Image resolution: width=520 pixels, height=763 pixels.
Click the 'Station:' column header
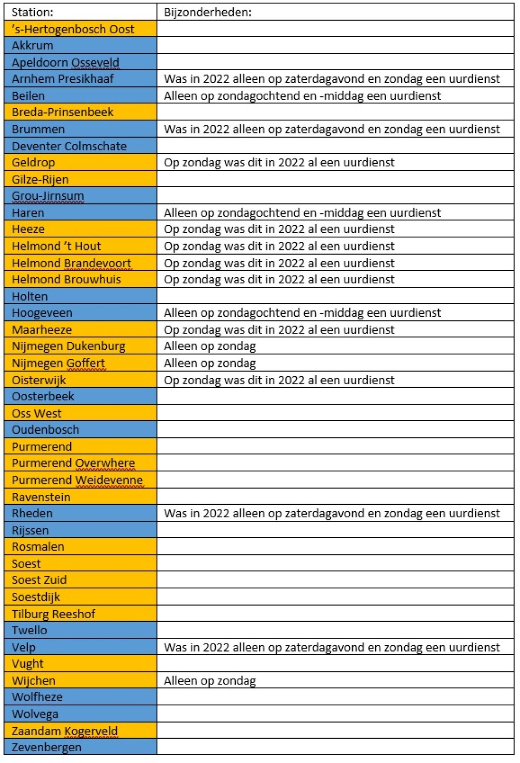32,12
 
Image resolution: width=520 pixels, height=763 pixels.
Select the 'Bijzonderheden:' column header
208,12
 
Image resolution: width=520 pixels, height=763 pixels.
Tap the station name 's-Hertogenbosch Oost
73,29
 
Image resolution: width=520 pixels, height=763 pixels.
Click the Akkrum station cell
32,45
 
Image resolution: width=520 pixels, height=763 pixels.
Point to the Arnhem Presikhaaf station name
63,79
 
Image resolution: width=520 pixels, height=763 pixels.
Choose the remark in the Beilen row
302,96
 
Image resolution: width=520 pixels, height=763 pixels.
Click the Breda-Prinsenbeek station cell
62,112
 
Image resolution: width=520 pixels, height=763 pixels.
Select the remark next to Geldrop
279,162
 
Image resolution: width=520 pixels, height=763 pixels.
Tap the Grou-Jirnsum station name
48,196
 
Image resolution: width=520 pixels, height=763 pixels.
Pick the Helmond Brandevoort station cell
71,263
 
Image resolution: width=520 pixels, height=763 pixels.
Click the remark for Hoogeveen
302,313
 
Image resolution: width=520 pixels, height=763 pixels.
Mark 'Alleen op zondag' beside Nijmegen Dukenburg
210,346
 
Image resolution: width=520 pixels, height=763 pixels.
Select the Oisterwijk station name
39,380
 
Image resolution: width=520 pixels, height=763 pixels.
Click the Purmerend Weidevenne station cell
77,480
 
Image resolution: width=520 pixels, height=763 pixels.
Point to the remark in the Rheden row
331,513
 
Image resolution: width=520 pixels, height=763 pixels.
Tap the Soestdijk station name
36,597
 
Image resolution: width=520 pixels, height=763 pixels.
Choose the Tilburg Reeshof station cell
53,614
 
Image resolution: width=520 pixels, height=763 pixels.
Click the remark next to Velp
331,647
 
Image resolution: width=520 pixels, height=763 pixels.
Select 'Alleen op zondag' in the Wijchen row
210,681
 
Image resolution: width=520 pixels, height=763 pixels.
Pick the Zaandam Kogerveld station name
65,731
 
